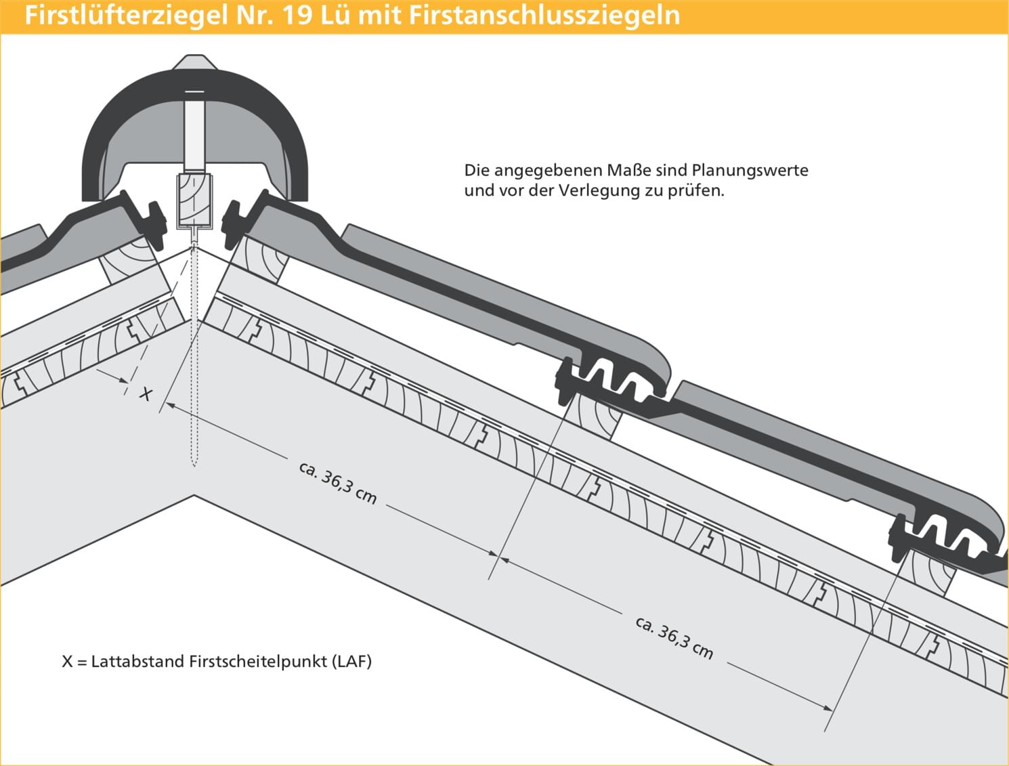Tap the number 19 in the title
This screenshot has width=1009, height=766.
[297, 15]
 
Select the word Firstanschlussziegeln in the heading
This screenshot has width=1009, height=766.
[544, 15]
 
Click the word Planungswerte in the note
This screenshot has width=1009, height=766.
[750, 171]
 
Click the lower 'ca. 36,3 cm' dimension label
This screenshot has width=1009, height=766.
[674, 638]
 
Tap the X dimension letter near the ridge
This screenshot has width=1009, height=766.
[146, 394]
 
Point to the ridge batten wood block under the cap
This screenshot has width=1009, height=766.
[194, 200]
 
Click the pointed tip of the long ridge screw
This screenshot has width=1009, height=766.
[194, 466]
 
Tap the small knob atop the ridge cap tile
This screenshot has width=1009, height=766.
[195, 62]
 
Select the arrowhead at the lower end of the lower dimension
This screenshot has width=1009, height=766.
[828, 708]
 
